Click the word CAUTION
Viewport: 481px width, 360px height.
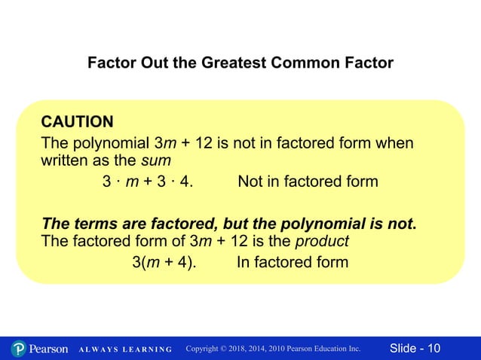[x=77, y=122]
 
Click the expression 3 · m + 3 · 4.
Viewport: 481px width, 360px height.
[x=147, y=182]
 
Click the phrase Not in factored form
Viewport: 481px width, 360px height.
[x=308, y=182]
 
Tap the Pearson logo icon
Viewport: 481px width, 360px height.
[x=19, y=349]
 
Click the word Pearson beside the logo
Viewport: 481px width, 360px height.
[x=49, y=349]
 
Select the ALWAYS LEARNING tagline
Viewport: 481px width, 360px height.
[x=126, y=349]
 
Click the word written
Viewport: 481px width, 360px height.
[x=65, y=160]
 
